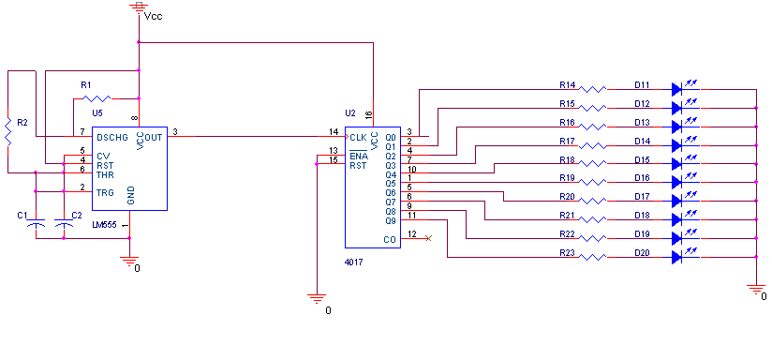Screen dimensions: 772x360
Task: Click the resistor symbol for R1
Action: (96, 98)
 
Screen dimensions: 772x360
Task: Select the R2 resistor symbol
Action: (7, 131)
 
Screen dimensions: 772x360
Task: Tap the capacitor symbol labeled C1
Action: (36, 225)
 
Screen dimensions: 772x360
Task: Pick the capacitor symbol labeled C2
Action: (63, 225)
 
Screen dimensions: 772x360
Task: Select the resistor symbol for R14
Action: (592, 89)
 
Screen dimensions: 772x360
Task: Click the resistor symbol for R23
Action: (592, 257)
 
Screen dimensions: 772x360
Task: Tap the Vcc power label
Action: (153, 16)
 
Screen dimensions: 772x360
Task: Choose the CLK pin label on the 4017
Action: (358, 137)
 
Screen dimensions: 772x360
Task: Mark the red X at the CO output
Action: (428, 238)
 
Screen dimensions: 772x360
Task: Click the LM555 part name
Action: (104, 225)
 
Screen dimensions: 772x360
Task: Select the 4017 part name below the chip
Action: (354, 262)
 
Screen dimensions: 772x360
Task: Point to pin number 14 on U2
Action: (334, 131)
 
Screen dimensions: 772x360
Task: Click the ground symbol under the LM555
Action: (129, 261)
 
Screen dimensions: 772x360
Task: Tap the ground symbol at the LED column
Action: (755, 289)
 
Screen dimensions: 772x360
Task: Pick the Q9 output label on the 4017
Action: (391, 220)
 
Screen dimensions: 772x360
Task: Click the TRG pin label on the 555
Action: (105, 192)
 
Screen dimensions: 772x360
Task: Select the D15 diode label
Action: (642, 159)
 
